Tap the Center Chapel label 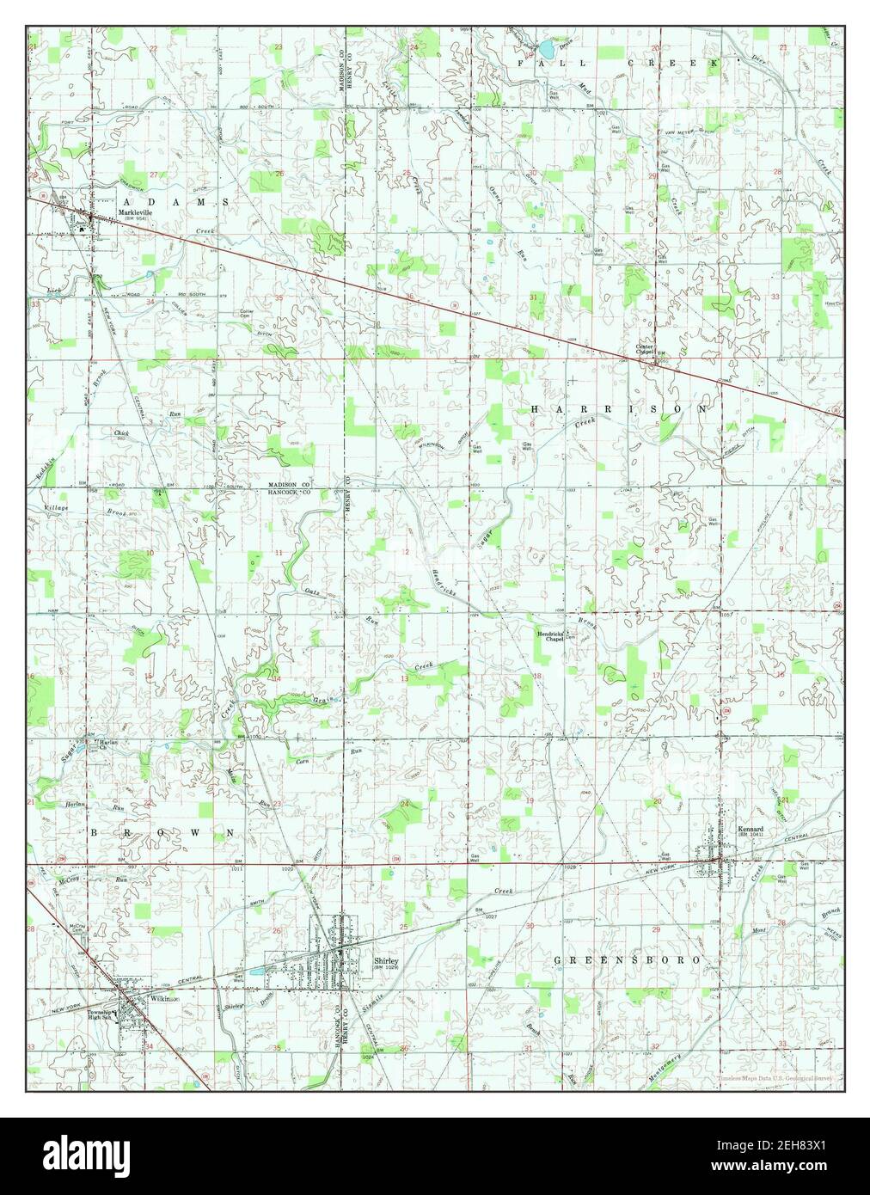pyautogui.click(x=646, y=349)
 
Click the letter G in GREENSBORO pyautogui.click(x=558, y=959)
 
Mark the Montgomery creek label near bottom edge pyautogui.click(x=663, y=1064)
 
